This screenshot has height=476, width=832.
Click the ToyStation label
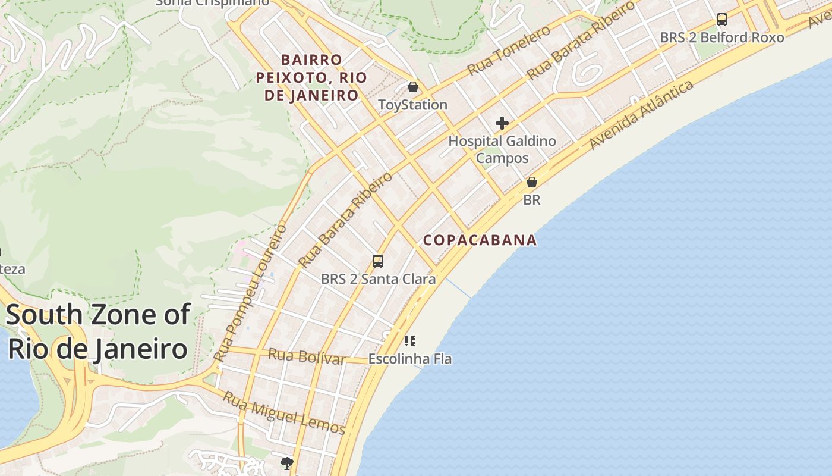[412, 105]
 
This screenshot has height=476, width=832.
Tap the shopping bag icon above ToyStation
[413, 87]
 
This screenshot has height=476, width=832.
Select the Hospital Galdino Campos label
[502, 149]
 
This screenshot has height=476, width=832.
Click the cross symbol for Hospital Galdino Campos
[502, 124]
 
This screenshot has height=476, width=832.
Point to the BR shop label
[532, 200]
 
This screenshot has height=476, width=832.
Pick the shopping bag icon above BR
[532, 182]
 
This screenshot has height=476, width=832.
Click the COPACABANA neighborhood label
[480, 240]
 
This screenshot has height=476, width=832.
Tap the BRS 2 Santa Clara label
[378, 278]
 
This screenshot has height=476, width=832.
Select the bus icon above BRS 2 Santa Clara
[378, 261]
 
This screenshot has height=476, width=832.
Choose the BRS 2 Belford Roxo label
[721, 37]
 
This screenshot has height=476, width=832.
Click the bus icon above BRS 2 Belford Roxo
[722, 20]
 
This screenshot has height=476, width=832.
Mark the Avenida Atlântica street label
[641, 114]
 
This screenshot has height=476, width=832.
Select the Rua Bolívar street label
[307, 357]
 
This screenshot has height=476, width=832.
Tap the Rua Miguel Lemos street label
[283, 412]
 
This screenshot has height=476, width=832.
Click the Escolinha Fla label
[410, 359]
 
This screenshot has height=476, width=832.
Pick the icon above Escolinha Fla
[410, 341]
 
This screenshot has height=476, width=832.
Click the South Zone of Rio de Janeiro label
[98, 332]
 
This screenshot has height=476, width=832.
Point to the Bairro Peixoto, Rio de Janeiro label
[311, 77]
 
